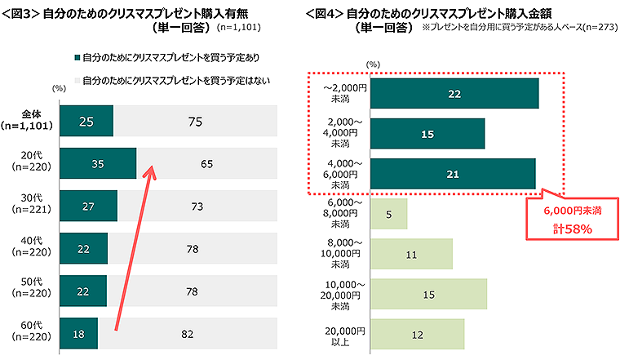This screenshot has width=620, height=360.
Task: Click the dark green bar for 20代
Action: pos(98,163)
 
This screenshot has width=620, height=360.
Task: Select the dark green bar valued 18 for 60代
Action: pos(79,333)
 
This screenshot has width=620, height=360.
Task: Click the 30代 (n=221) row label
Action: pos(32,207)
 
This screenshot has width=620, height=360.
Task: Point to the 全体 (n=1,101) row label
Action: pos(32,121)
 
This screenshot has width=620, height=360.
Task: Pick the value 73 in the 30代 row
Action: pos(197,207)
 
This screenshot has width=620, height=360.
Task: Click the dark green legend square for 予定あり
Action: pos(76,59)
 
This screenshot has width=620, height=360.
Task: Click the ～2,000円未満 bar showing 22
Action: pos(454,94)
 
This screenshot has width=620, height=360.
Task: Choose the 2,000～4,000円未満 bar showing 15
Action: pos(427,133)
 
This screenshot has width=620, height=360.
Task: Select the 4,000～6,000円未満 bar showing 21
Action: pos(453,173)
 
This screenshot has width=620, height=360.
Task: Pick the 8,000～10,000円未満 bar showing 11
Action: pos(411,254)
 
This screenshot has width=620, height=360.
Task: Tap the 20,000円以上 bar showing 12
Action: pos(417,334)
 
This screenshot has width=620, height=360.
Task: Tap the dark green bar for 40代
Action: pos(84,248)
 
